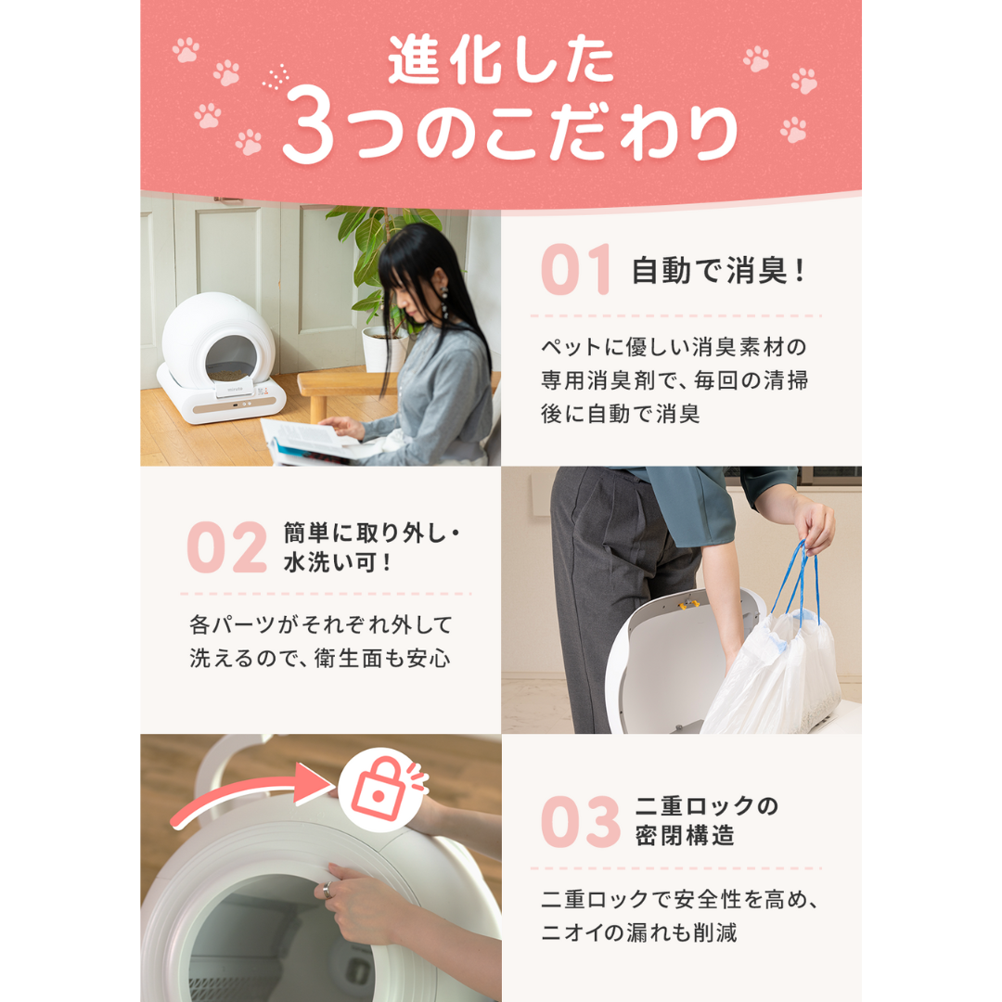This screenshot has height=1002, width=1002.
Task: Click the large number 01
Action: pyautogui.click(x=576, y=269)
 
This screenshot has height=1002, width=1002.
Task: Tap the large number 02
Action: pyautogui.click(x=227, y=547)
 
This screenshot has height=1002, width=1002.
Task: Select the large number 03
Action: pyautogui.click(x=580, y=822)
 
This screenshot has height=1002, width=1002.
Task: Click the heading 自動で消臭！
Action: pyautogui.click(x=718, y=270)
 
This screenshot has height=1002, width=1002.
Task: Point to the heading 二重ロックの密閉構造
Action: pyautogui.click(x=706, y=820)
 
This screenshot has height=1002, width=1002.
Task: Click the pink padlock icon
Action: pyautogui.click(x=379, y=791)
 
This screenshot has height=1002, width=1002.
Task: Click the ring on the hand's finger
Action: pyautogui.click(x=328, y=890)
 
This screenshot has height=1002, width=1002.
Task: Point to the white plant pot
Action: pyautogui.click(x=384, y=349)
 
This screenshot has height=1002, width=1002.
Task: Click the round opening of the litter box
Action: pyautogui.click(x=231, y=358)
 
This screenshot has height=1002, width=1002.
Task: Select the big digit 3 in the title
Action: pyautogui.click(x=308, y=125)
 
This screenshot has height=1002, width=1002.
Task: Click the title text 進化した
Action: pyautogui.click(x=500, y=59)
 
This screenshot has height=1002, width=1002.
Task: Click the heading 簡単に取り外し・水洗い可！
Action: pyautogui.click(x=371, y=547)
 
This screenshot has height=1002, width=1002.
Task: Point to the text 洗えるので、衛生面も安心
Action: pyautogui.click(x=319, y=658)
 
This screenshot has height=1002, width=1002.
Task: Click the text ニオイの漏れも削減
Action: pyautogui.click(x=639, y=932)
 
